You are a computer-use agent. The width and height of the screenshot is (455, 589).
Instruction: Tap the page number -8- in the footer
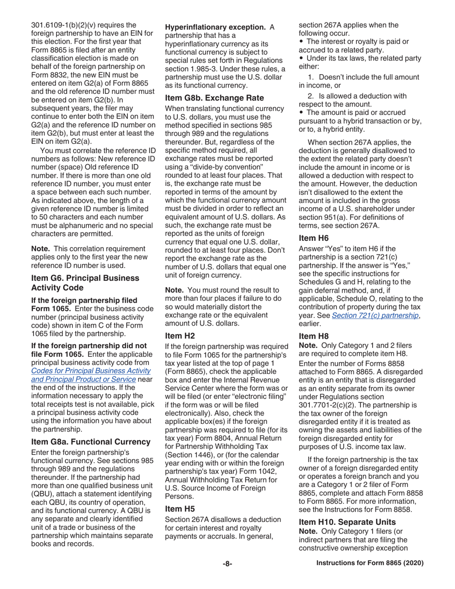pyautogui.click(x=227, y=564)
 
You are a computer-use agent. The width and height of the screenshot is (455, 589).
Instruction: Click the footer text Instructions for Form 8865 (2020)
pyautogui.click(x=370, y=564)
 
